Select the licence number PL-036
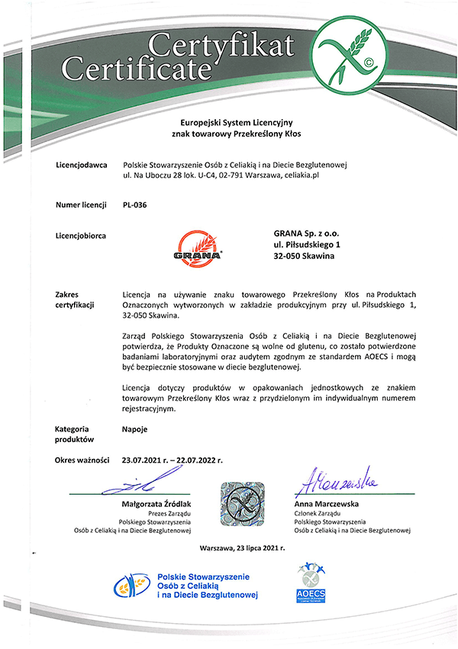pyautogui.click(x=134, y=205)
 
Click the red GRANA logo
pyautogui.click(x=196, y=246)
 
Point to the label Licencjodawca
pyautogui.click(x=81, y=164)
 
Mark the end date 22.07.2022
pyautogui.click(x=197, y=460)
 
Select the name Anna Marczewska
pyautogui.click(x=327, y=505)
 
